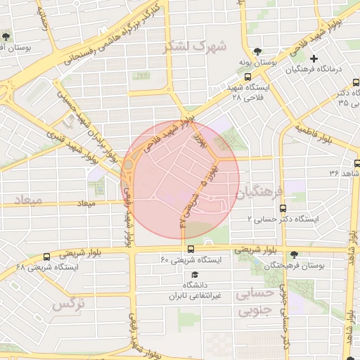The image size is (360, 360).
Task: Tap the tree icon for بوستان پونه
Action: [x=257, y=51]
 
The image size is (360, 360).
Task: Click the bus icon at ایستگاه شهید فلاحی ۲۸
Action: [x=247, y=77]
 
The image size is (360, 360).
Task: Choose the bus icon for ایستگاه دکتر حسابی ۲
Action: [x=283, y=208]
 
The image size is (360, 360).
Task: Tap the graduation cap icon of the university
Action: [x=195, y=274]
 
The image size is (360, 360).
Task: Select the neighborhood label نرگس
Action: [x=68, y=304]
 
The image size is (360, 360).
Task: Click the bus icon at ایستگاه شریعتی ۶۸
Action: [x=46, y=257]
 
